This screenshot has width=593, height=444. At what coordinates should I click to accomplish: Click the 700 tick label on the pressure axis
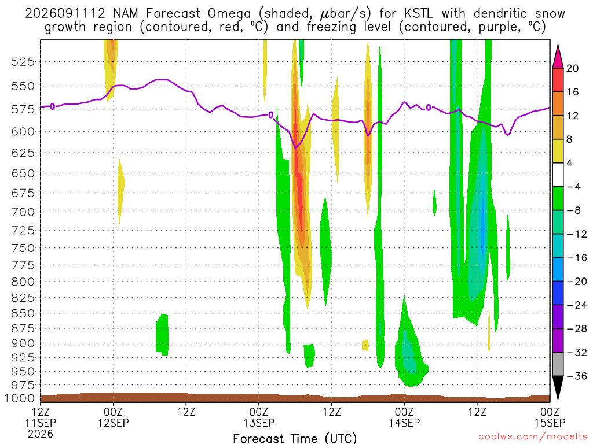click(23, 212)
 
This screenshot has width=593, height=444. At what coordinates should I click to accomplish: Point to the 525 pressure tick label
click(23, 61)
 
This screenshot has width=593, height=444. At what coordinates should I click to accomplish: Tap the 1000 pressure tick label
click(20, 398)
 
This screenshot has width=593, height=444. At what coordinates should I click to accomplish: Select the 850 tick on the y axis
click(23, 313)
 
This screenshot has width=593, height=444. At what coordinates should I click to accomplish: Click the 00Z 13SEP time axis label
click(259, 417)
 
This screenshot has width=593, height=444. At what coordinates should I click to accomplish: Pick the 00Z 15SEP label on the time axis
click(550, 417)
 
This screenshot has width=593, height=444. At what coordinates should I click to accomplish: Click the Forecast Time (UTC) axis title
click(295, 438)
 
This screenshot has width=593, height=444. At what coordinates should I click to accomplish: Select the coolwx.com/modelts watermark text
click(533, 436)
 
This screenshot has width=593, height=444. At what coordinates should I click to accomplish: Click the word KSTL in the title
click(418, 13)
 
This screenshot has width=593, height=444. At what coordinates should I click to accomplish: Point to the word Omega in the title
click(229, 14)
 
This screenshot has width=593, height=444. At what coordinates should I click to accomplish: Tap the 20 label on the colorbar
click(572, 68)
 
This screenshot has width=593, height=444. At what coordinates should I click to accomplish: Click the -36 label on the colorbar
click(576, 376)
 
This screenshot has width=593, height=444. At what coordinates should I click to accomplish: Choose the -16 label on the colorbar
click(576, 258)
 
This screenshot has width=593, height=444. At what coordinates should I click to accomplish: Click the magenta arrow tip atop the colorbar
click(558, 45)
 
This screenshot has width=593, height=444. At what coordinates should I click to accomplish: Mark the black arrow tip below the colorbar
click(558, 399)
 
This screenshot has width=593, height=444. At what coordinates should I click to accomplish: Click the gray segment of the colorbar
click(558, 364)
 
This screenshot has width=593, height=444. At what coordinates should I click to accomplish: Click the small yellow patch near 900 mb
click(365, 345)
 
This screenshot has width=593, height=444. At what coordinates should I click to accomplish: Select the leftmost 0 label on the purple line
click(53, 106)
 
